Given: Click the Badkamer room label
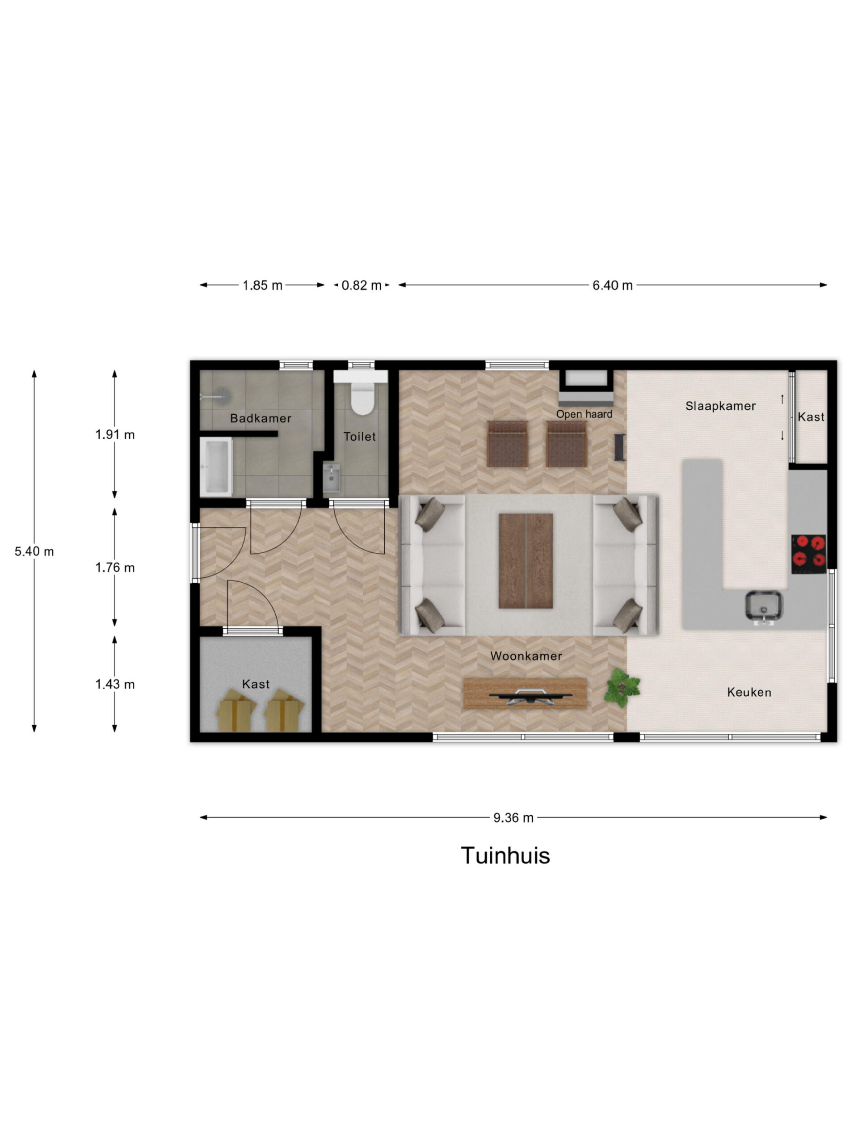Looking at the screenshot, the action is [x=261, y=418].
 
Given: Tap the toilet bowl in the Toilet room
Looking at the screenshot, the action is [x=362, y=398].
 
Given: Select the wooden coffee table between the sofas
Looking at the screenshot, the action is [x=526, y=561].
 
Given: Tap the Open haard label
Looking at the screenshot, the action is [x=584, y=414].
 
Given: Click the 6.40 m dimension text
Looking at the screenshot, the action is [x=612, y=286].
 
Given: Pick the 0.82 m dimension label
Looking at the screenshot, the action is [x=361, y=286].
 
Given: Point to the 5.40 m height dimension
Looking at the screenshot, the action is [x=34, y=551].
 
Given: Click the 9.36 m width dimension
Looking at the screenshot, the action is [x=513, y=818].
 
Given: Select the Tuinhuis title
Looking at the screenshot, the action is [x=505, y=856].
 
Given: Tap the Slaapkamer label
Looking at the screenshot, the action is [x=720, y=406].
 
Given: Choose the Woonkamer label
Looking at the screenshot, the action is [x=526, y=656].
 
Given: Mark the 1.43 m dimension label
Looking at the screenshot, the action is [x=115, y=684].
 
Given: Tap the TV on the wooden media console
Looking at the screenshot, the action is [x=530, y=696].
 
